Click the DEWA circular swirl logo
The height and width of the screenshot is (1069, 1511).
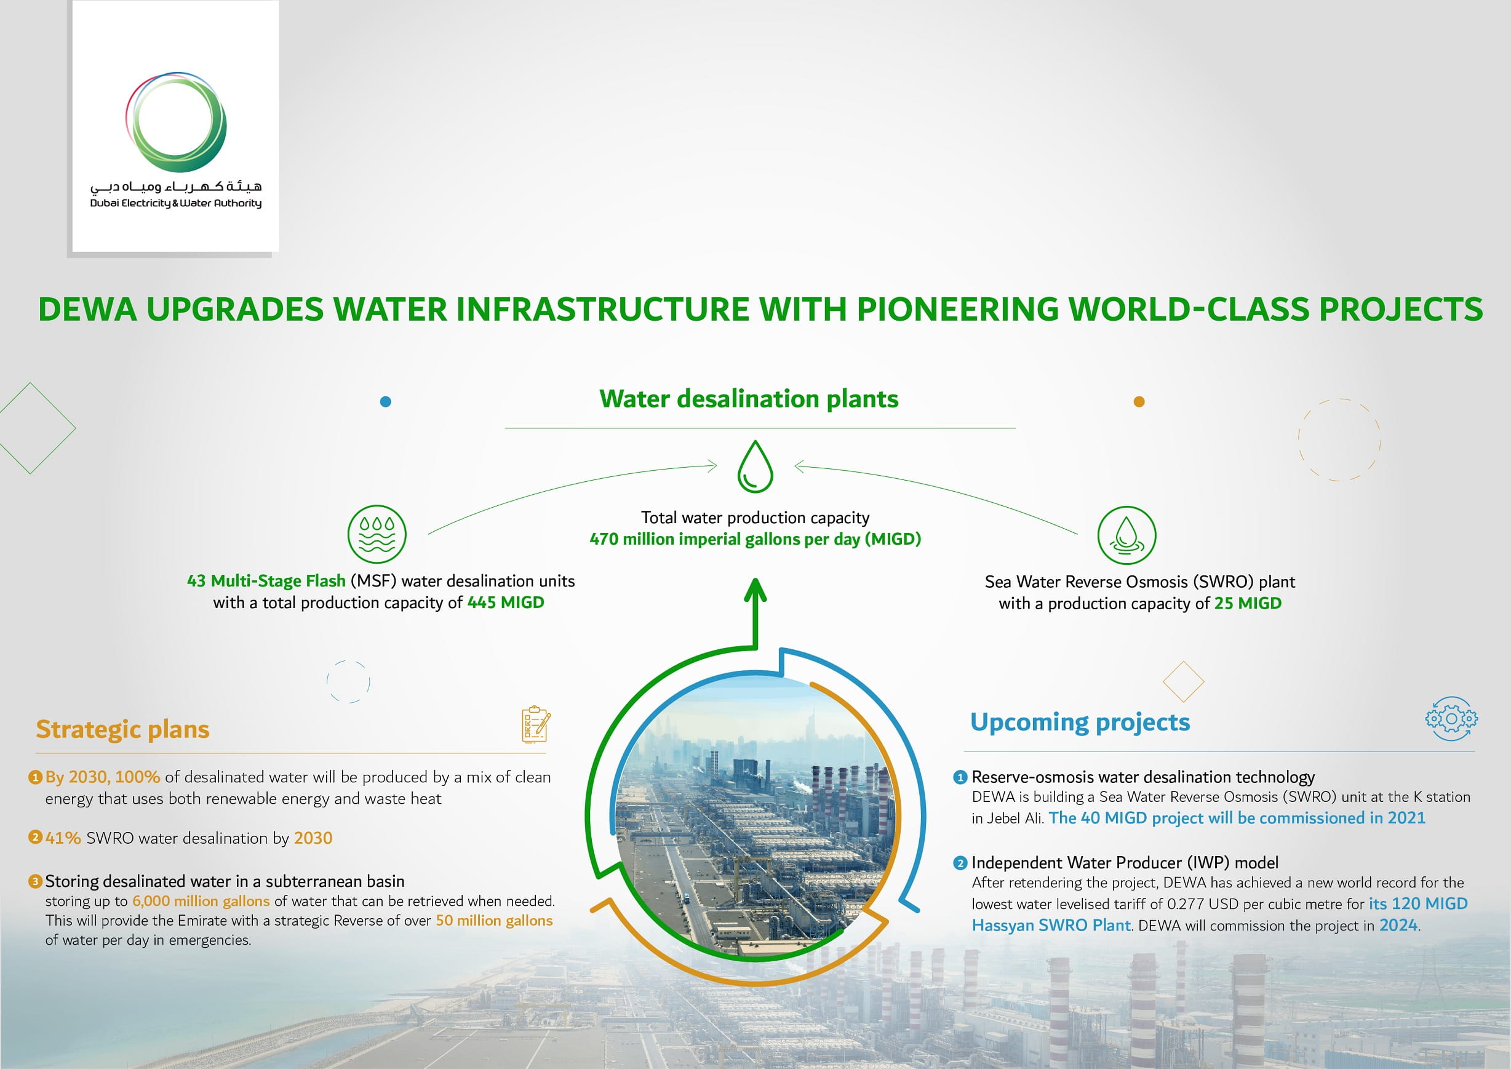pos(177,122)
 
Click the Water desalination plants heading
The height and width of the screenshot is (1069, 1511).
pos(748,399)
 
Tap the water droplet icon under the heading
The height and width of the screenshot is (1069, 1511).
pos(755,466)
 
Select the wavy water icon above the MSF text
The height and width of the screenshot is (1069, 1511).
pos(377,534)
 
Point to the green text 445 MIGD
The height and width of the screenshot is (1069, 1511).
pos(506,603)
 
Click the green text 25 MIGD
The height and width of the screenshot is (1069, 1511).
pos(1247,603)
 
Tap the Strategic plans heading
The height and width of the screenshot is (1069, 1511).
pos(122,729)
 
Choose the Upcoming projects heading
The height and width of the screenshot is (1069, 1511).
pos(1080,722)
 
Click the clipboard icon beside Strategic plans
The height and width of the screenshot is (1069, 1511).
pos(536,724)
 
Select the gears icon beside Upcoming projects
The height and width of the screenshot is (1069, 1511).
pos(1451,719)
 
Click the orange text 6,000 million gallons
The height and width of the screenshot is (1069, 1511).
pos(201,901)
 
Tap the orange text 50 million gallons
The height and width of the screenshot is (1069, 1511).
pos(493,920)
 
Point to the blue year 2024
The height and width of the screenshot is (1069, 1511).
pos(1398,925)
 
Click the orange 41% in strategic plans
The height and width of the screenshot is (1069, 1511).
pos(63,838)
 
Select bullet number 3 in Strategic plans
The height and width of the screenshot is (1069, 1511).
pos(36,881)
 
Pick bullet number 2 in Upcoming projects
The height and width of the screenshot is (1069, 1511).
pos(960,863)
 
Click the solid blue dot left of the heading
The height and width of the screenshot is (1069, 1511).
pos(386,401)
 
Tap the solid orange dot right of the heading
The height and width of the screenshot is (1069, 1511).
pos(1139,401)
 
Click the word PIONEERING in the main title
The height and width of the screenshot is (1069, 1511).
pos(957,310)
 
